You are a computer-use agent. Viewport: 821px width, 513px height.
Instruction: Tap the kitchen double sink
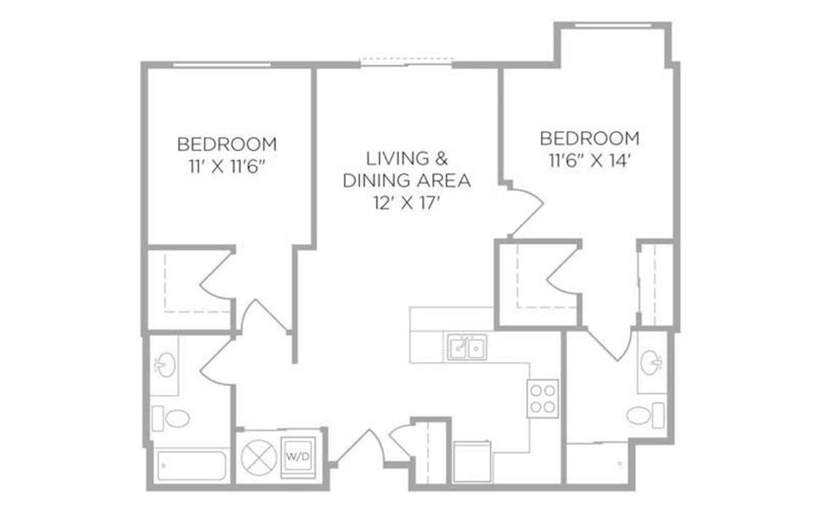(x=466, y=348)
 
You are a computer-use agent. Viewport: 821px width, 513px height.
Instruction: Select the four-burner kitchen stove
(x=543, y=398)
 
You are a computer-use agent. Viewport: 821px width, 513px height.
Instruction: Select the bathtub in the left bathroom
(x=191, y=466)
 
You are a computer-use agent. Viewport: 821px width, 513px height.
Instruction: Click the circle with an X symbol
(x=258, y=457)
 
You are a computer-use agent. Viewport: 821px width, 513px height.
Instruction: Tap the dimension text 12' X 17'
(x=407, y=203)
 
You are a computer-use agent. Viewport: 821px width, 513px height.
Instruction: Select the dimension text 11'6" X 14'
(x=589, y=160)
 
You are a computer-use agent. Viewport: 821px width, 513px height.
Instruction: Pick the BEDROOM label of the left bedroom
(x=227, y=144)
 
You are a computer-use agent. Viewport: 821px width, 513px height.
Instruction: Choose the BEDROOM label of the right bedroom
(x=589, y=138)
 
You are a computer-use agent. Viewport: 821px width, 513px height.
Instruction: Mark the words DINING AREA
(x=407, y=181)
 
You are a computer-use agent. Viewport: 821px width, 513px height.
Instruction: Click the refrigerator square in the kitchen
(x=472, y=462)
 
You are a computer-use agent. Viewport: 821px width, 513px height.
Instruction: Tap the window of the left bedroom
(x=221, y=65)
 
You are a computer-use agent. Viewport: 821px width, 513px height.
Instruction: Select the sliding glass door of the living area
(x=407, y=63)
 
